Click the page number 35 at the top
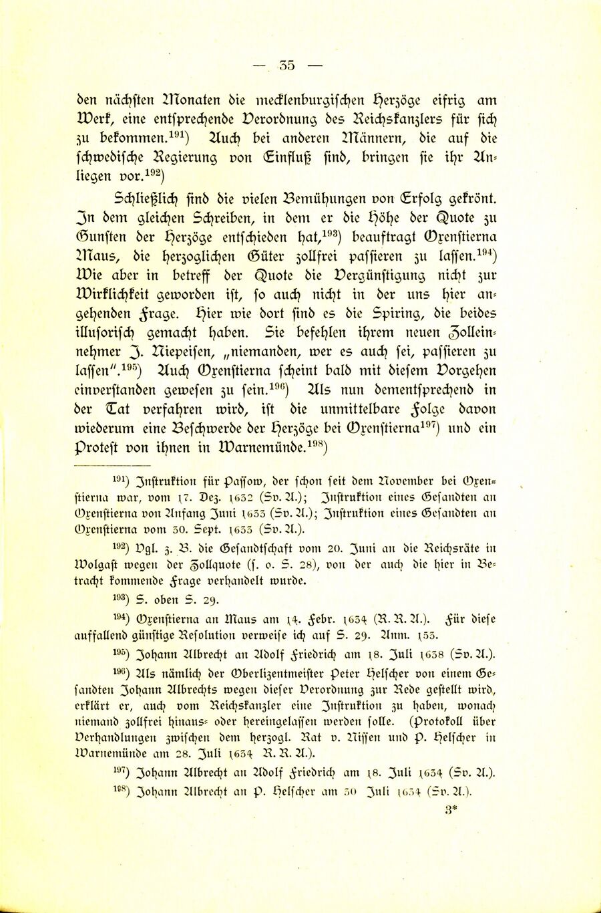pyautogui.click(x=287, y=66)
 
